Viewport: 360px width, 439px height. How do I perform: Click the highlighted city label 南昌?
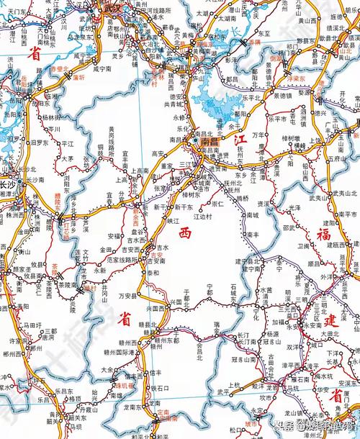coord(210,143)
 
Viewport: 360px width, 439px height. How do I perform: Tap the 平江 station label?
coord(68,143)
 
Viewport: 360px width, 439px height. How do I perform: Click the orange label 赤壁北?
coord(60,69)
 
